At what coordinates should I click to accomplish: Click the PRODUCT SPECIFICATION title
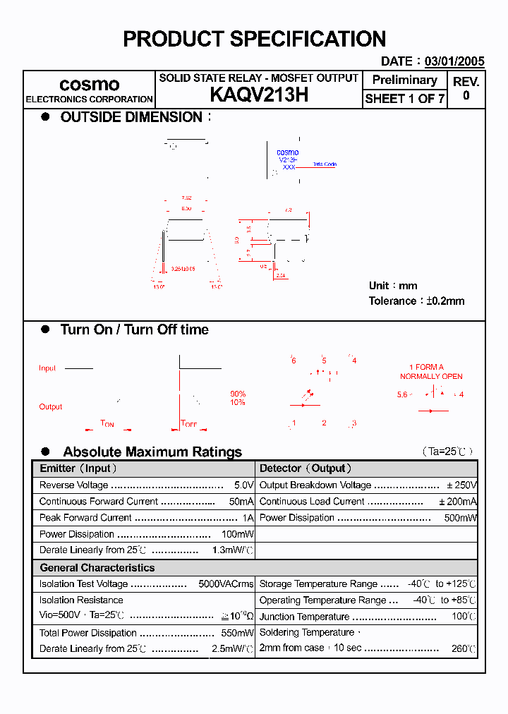pos(254,39)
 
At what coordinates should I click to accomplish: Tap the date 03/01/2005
pos(454,61)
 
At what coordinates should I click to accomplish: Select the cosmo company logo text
pos(89,85)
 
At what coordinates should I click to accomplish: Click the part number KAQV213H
pos(258,95)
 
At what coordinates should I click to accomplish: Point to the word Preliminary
pos(404,80)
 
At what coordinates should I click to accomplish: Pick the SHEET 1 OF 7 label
pos(404,99)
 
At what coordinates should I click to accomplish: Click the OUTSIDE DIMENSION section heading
pos(131,117)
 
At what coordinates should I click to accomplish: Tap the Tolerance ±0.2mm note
pos(416,301)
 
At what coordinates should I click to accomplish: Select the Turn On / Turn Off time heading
pos(134,329)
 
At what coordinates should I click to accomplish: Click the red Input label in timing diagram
pos(47,368)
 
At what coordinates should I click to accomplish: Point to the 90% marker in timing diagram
pos(238,394)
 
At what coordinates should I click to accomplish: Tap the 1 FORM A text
pos(426,367)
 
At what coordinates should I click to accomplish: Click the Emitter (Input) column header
pos(78,468)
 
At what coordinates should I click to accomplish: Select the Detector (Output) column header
pos(306,468)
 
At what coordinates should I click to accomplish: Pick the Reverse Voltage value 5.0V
pos(243,485)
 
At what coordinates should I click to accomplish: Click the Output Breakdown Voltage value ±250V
pos(462,485)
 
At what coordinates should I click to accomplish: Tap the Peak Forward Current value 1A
pos(248,518)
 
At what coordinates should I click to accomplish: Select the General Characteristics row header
pos(97,568)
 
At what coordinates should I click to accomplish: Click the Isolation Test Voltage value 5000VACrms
pos(226,584)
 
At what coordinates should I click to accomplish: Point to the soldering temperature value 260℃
pos(464,648)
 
